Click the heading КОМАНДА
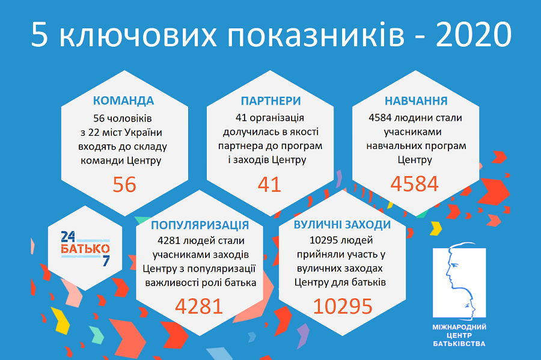(123, 100)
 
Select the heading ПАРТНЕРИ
(270, 100)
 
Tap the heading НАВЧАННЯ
(415, 100)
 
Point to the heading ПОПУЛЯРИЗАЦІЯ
(200, 225)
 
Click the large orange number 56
(124, 184)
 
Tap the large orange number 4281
(199, 307)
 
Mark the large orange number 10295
(343, 307)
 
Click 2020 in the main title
(474, 35)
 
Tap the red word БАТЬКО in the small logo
(85, 248)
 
